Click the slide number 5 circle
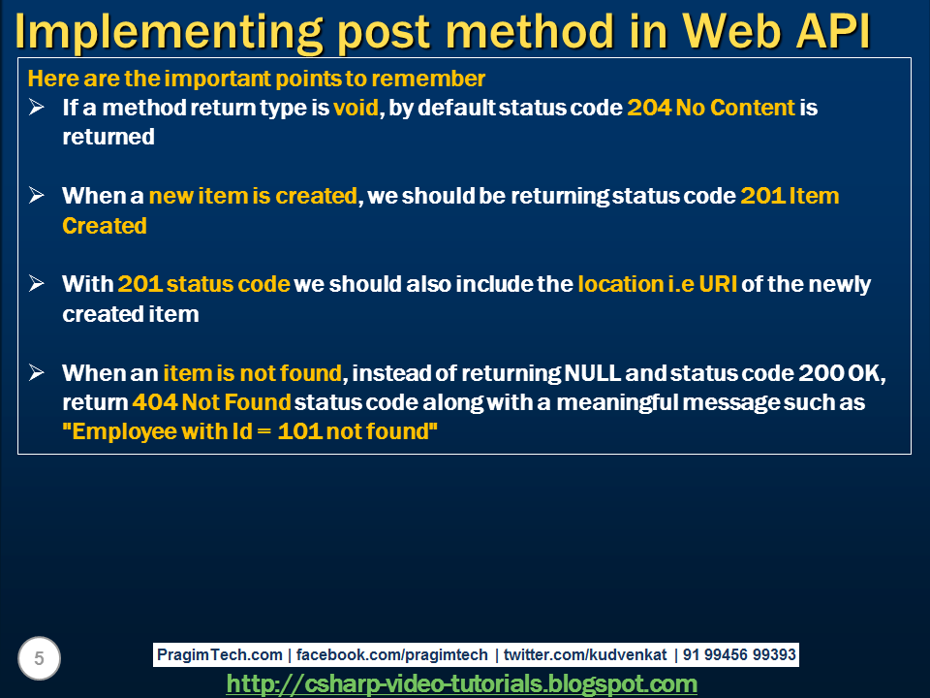pos(39,659)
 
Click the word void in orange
pos(356,108)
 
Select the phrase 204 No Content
pos(711,108)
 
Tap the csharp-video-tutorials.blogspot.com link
pos(461,684)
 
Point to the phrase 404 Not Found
pos(211,402)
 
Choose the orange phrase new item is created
pos(253,196)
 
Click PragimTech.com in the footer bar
pos(220,655)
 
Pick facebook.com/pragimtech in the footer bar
pos(391,655)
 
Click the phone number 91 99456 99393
pos(739,655)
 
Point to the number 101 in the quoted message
pos(299,431)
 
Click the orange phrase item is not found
pos(252,373)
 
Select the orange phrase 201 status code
pos(203,284)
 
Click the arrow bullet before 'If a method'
pos(37,108)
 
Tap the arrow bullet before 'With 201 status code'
pos(37,284)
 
